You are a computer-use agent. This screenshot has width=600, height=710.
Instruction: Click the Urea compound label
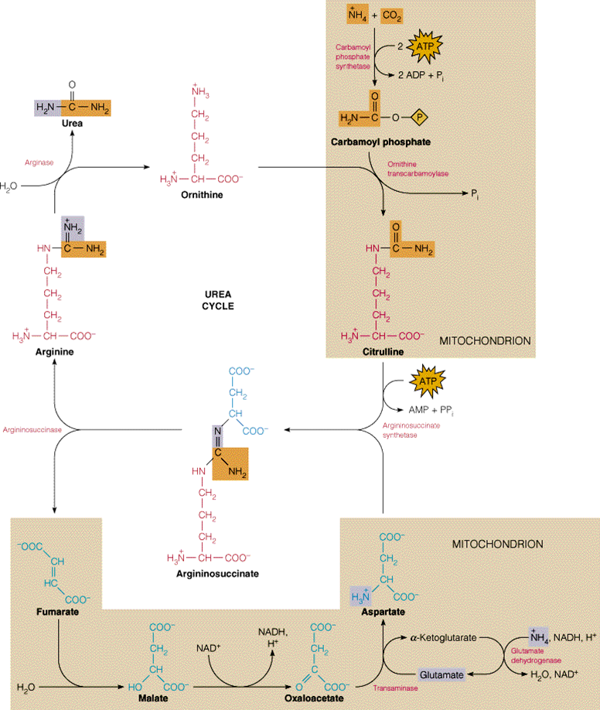[x=72, y=123]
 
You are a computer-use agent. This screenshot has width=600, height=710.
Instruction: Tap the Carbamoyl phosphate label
[x=380, y=142]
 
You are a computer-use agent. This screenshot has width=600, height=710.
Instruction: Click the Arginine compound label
[x=54, y=352]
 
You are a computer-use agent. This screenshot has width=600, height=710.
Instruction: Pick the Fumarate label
[x=57, y=613]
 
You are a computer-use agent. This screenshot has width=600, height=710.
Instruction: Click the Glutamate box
[x=442, y=674]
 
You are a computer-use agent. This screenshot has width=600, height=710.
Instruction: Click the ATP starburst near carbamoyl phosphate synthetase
[x=425, y=47]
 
